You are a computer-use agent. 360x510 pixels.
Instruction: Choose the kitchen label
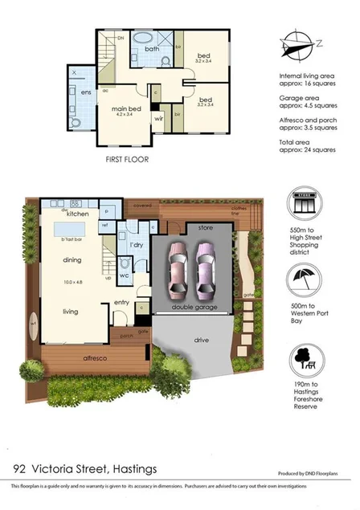pos(77,214)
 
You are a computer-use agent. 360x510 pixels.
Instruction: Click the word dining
pos(74,260)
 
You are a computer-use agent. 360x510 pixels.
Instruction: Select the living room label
pos(74,311)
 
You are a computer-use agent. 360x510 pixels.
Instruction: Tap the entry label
pos(122,302)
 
